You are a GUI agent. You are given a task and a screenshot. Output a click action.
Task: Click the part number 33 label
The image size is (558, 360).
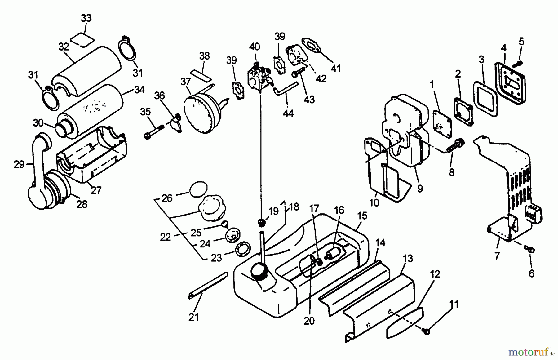coord(86,18)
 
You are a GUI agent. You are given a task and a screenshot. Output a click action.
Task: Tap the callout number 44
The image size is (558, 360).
coord(288,113)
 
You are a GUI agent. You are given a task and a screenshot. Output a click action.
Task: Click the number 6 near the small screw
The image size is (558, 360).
coord(531,273)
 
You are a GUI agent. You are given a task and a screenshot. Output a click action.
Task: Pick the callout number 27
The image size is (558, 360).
coord(96,190)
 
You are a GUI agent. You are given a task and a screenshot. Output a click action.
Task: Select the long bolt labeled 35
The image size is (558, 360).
coord(154,131)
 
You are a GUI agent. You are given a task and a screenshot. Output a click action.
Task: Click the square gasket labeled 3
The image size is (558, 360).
coord(485,99)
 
